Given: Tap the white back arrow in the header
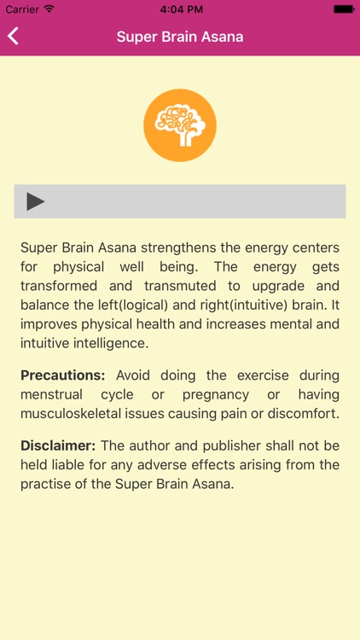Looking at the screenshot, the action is point(13,37).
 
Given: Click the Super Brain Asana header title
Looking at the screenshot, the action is point(180,37).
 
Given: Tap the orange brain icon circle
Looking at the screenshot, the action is point(180,125).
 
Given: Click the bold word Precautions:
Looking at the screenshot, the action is point(63,375).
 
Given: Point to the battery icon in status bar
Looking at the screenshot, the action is point(343,9).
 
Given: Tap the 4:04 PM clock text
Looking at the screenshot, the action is point(180,9).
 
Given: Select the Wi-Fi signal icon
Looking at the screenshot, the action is point(49,9).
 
